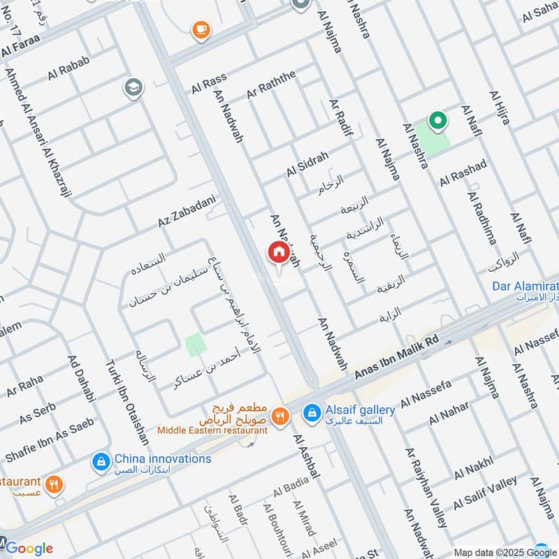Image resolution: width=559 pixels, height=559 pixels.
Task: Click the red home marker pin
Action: pyautogui.click(x=278, y=252)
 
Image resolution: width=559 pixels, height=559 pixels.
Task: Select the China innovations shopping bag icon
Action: pyautogui.click(x=101, y=461)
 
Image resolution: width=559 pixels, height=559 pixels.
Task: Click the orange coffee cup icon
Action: pyautogui.click(x=201, y=29)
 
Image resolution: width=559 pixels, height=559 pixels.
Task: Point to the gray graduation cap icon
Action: pyautogui.click(x=132, y=88)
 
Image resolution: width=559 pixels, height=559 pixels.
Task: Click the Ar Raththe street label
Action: pyautogui.click(x=272, y=84)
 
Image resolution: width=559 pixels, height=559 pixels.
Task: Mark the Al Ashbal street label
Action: pyautogui.click(x=306, y=456)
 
